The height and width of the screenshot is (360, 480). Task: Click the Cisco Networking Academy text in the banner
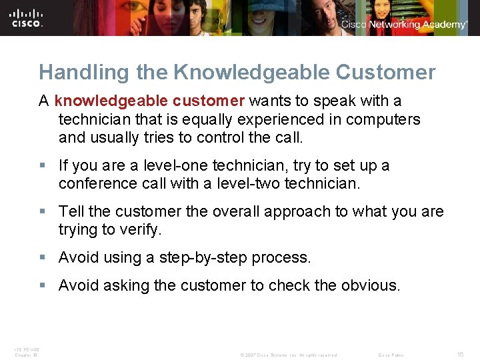pyautogui.click(x=404, y=25)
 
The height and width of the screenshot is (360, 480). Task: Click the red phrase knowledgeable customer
pyautogui.click(x=150, y=101)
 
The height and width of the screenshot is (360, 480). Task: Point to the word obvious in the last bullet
pyautogui.click(x=369, y=285)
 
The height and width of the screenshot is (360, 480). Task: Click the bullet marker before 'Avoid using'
pyautogui.click(x=43, y=258)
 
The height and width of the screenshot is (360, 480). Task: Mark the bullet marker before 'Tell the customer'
pyautogui.click(x=43, y=212)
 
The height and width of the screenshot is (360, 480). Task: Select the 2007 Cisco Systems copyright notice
pyautogui.click(x=288, y=355)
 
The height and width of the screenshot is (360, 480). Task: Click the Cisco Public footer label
pyautogui.click(x=391, y=355)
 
